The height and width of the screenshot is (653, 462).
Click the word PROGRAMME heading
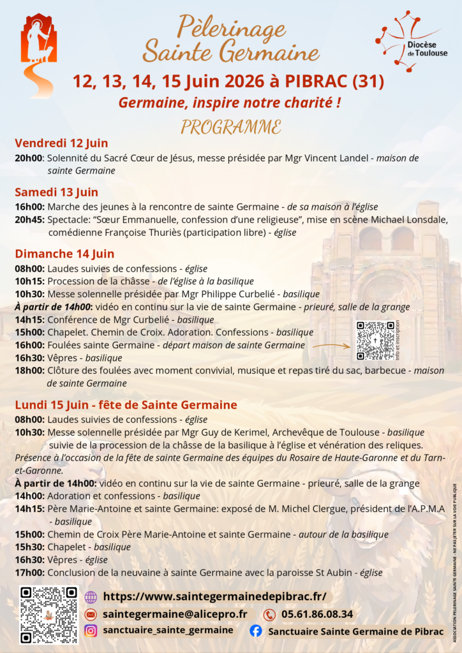[230, 126]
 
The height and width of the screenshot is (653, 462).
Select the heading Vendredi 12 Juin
[61, 143]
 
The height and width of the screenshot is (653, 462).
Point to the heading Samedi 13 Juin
[56, 192]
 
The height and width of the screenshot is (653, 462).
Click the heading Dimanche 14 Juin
[64, 254]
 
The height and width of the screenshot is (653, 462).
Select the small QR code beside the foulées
[375, 341]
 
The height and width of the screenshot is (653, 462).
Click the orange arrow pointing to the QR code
[331, 346]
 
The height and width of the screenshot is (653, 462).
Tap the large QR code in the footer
[48, 615]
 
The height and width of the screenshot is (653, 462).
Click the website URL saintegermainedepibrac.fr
[214, 596]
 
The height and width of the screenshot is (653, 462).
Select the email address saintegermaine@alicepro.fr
[175, 613]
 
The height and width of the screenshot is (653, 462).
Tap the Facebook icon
[255, 631]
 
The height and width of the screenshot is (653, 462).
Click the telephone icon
[269, 615]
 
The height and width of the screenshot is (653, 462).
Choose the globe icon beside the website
[91, 597]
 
